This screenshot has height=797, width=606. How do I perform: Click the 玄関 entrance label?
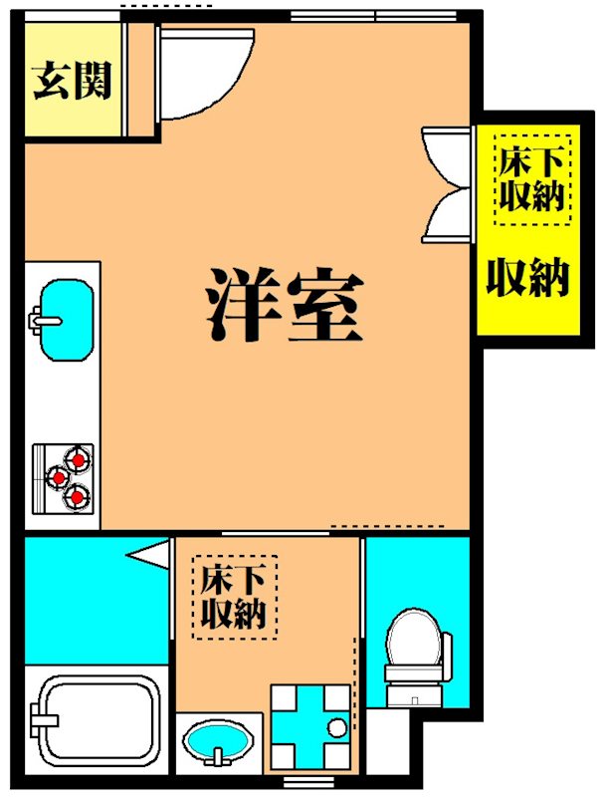[72, 81]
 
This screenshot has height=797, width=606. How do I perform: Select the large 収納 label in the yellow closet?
[527, 278]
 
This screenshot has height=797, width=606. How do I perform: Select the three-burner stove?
[66, 476]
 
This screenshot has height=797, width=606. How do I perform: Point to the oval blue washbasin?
[217, 743]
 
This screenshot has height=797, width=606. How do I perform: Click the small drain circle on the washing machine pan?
[337, 724]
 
